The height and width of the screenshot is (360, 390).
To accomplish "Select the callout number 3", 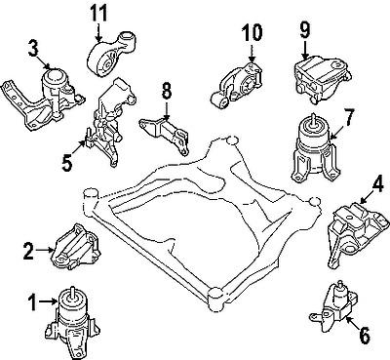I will (33, 45).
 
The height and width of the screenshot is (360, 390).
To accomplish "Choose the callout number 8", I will (166, 91).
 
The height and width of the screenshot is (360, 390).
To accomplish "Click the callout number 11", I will (97, 15).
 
